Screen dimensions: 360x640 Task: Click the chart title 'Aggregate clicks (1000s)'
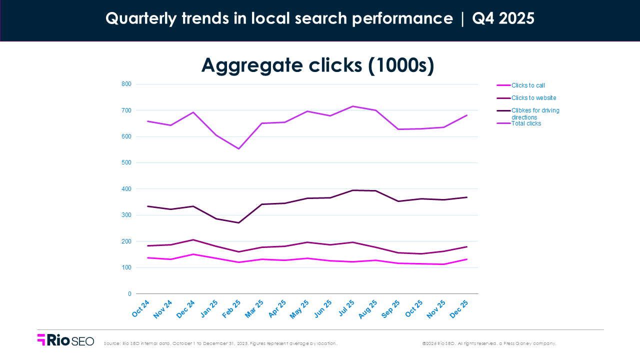click(317, 65)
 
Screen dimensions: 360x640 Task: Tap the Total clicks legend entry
click(526, 123)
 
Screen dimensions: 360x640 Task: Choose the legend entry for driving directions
click(535, 113)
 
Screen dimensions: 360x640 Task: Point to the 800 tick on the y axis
click(126, 84)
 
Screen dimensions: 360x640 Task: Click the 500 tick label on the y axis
click(126, 162)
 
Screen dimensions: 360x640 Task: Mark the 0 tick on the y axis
click(128, 294)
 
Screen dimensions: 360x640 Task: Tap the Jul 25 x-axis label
click(347, 308)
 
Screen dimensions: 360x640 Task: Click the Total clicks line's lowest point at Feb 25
click(239, 148)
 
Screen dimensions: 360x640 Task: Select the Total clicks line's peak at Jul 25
click(352, 106)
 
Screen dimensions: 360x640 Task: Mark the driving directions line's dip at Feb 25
click(239, 222)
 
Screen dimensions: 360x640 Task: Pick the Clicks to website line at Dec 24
click(193, 239)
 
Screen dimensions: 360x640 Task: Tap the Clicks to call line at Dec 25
click(466, 259)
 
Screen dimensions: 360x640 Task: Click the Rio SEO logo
click(65, 340)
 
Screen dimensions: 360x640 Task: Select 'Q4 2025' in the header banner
click(503, 19)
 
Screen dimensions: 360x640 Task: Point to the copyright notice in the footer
click(489, 343)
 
